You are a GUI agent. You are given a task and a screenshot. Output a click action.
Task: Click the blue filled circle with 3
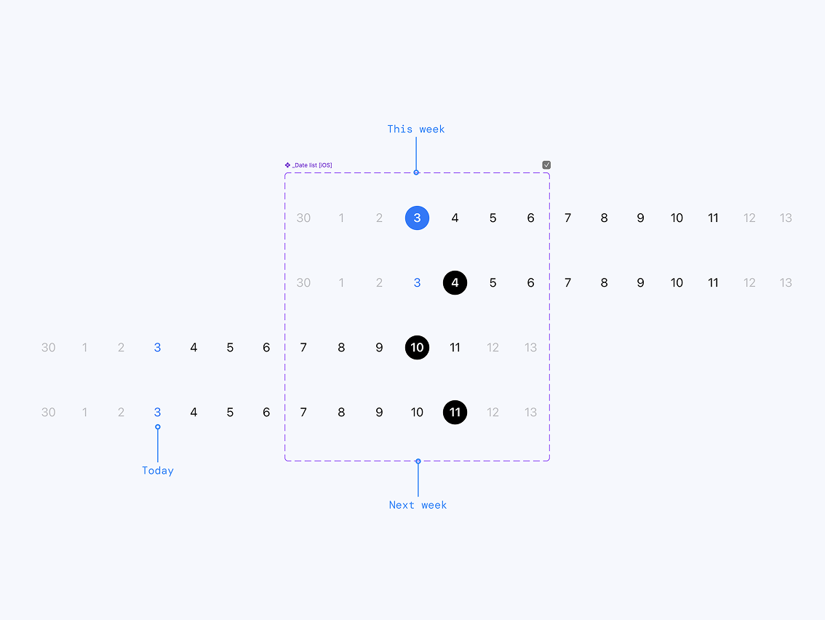418,218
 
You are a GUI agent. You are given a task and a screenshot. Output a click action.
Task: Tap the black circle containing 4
455,282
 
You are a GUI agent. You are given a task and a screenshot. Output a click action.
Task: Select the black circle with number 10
418,347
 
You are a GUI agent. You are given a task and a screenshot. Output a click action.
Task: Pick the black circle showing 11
455,412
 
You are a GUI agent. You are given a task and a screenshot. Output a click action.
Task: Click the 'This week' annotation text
416,129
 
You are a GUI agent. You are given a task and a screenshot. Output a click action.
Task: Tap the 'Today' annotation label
158,471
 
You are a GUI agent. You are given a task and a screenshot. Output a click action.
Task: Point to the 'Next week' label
418,505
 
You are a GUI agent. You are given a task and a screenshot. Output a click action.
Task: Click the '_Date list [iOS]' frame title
308,165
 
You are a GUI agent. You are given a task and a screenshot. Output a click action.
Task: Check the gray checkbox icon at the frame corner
546,164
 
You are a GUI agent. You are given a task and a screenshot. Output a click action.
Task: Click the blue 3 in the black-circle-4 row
418,282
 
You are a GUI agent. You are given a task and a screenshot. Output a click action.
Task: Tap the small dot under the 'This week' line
416,172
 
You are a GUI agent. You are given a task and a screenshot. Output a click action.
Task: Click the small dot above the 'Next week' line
418,461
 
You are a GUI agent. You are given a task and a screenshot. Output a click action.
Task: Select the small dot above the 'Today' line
158,427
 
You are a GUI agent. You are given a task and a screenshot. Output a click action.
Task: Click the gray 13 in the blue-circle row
786,218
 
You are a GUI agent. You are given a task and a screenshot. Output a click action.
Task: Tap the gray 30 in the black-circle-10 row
49,347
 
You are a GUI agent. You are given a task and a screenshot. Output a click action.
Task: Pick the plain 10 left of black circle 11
418,412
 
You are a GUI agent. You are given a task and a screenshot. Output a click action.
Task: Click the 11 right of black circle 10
455,347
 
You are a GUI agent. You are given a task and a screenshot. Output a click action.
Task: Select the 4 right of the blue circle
455,218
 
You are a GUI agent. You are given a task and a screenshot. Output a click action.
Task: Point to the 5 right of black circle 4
493,282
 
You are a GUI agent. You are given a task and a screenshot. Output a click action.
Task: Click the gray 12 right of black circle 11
493,412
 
